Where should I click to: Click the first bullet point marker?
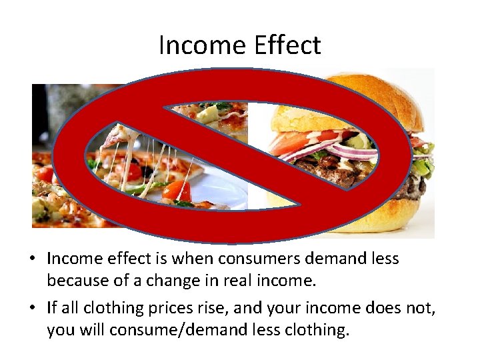pyautogui.click(x=37, y=259)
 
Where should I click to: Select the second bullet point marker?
pyautogui.click(x=37, y=308)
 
